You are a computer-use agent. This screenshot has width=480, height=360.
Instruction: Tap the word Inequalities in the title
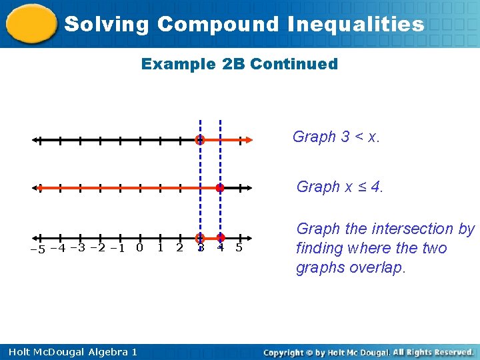pyautogui.click(x=356, y=25)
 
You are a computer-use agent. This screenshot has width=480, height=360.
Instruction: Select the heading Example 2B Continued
pyautogui.click(x=239, y=65)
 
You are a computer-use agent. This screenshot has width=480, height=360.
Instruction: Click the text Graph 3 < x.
pyautogui.click(x=336, y=137)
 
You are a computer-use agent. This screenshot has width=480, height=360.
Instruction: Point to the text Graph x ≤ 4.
pyautogui.click(x=340, y=187)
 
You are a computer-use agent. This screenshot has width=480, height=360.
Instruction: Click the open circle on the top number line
pyautogui.click(x=199, y=140)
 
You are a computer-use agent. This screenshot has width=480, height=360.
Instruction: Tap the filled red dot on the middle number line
pyautogui.click(x=219, y=188)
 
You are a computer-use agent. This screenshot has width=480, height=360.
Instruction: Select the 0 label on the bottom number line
pyautogui.click(x=139, y=248)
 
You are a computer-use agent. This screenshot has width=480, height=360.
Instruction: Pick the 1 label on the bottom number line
pyautogui.click(x=160, y=248)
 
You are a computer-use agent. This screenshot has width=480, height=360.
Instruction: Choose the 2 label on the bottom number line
pyautogui.click(x=179, y=248)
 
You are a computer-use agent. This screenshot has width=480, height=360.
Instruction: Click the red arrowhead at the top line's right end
pyautogui.click(x=247, y=140)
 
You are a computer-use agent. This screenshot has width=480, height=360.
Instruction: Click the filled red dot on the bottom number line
pyautogui.click(x=221, y=237)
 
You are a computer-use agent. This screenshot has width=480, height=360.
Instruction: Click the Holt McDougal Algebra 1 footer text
pyautogui.click(x=70, y=351)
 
